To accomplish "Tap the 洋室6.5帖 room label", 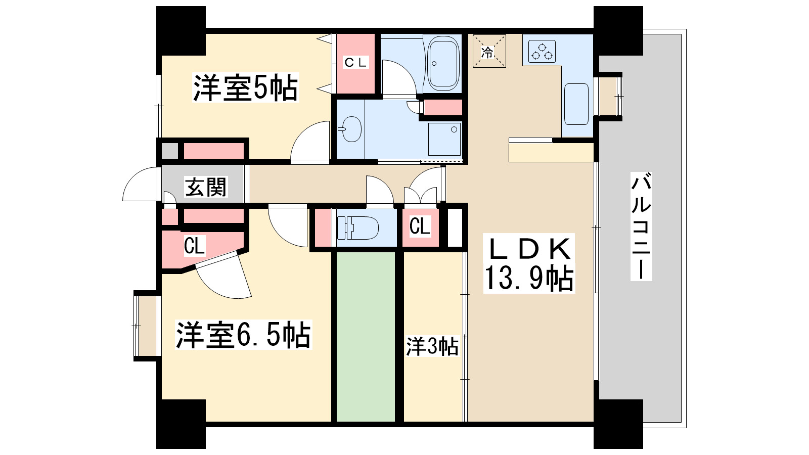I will coord(243,334).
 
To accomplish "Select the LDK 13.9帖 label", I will coord(529,264).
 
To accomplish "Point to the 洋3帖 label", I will coord(432,347).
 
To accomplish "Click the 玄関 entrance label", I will coord(206,188).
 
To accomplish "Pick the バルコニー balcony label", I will coord(641,226).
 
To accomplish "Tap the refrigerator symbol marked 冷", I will coord(489,51).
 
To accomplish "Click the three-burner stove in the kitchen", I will coord(542,51).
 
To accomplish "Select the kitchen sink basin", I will coord(576,104).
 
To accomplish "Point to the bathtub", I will coord(443,63).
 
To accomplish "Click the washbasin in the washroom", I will coord(351,129).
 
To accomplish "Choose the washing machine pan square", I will coord(444,139).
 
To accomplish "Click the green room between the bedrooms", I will coord(366,336).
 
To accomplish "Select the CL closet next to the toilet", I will coord(420,226).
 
